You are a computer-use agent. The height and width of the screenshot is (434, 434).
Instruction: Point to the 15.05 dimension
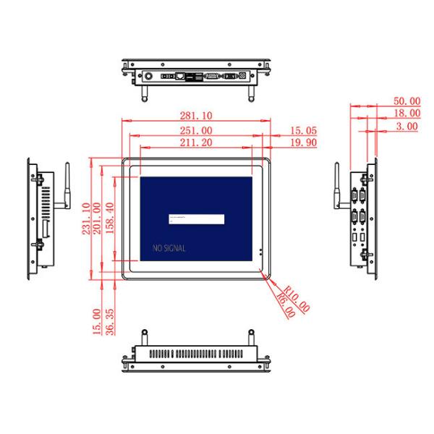point(304,131)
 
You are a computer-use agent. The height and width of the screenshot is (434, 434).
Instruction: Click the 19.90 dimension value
point(304,143)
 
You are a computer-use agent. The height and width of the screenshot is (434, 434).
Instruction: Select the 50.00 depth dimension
point(406,101)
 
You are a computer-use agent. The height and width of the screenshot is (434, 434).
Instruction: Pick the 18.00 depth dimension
point(406,113)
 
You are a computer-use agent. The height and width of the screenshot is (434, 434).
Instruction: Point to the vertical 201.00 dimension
point(98,218)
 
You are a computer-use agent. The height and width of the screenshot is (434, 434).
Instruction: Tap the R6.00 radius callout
point(284,307)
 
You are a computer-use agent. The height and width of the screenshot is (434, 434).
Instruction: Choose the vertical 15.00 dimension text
point(97,320)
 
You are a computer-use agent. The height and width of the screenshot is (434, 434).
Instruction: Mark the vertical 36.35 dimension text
point(109,320)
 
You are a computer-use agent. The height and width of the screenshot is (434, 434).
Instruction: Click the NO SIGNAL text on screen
point(169,248)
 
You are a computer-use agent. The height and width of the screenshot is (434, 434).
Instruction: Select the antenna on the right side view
point(336,187)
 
